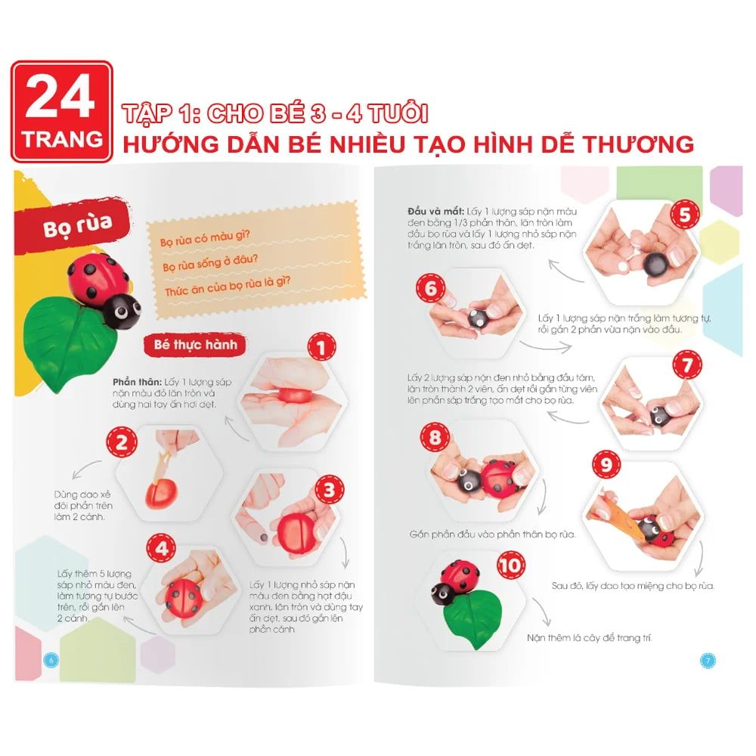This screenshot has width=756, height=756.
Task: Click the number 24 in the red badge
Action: click(60, 97)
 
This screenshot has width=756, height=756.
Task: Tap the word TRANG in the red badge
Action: click(62, 139)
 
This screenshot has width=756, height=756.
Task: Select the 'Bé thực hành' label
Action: click(195, 345)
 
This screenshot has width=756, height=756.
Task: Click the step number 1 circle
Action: click(321, 347)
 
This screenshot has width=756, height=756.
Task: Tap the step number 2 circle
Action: click(122, 442)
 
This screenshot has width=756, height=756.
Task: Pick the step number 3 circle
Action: click(330, 490)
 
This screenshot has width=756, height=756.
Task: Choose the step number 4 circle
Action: click(162, 548)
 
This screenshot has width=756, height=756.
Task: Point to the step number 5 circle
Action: click(685, 215)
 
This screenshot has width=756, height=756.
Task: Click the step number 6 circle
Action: click(431, 288)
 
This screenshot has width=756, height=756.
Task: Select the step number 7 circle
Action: click(687, 365)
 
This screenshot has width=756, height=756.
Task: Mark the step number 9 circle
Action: click(606, 465)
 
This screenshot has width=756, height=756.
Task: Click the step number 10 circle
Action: click(510, 565)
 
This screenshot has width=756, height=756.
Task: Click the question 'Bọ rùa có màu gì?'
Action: click(206, 237)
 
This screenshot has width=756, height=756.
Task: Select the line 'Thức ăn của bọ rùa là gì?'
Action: click(228, 287)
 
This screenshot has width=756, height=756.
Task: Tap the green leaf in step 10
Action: click(473, 620)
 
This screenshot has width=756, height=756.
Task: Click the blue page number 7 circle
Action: click(708, 661)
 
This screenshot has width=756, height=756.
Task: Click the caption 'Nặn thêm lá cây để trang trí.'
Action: click(589, 638)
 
